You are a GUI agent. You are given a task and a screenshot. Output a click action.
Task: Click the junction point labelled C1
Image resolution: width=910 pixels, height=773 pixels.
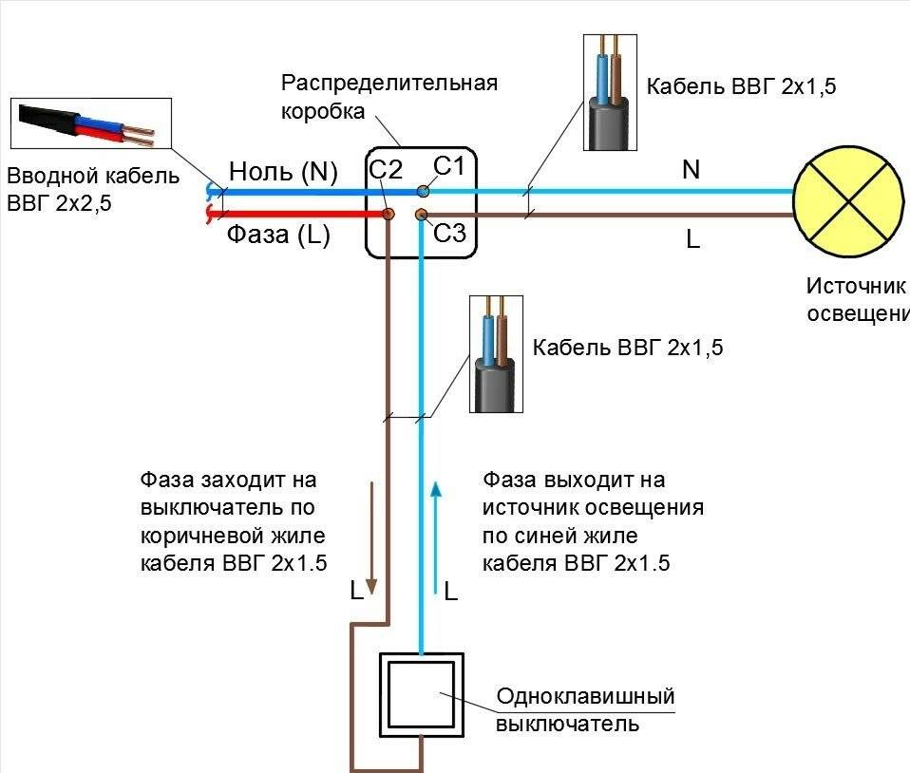(423, 192)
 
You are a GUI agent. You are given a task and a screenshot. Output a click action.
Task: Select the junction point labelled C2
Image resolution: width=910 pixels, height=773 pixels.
(388, 215)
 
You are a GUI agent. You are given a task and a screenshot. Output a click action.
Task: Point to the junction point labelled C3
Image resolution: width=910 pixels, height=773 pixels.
(423, 216)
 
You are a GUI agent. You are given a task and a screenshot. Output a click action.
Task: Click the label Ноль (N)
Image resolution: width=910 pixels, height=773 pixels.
(283, 172)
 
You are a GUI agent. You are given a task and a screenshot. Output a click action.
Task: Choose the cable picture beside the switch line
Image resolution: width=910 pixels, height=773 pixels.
(495, 353)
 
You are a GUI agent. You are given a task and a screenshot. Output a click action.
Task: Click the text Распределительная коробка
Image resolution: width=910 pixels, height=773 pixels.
(389, 96)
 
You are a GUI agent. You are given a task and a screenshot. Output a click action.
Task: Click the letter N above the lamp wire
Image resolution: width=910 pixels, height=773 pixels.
(691, 170)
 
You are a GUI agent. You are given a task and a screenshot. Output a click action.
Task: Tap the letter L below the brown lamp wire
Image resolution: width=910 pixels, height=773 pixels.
(692, 240)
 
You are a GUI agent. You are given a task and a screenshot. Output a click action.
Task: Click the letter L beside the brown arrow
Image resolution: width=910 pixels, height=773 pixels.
(356, 592)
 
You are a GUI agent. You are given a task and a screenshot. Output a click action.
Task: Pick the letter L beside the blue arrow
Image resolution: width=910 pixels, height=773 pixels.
(451, 593)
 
